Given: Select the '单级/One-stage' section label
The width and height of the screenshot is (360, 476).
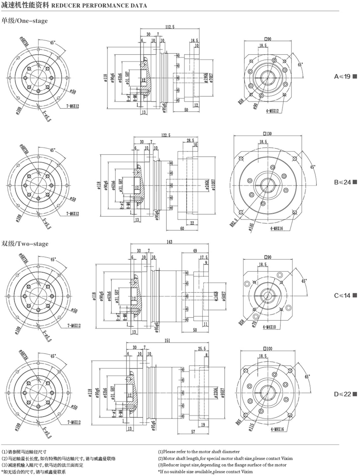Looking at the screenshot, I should point(25,21).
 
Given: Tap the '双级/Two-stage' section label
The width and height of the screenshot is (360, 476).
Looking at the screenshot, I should point(25,243).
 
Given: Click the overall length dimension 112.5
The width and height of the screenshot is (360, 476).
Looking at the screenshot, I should point(170,27).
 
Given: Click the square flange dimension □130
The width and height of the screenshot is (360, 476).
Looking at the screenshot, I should point(269,134).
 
